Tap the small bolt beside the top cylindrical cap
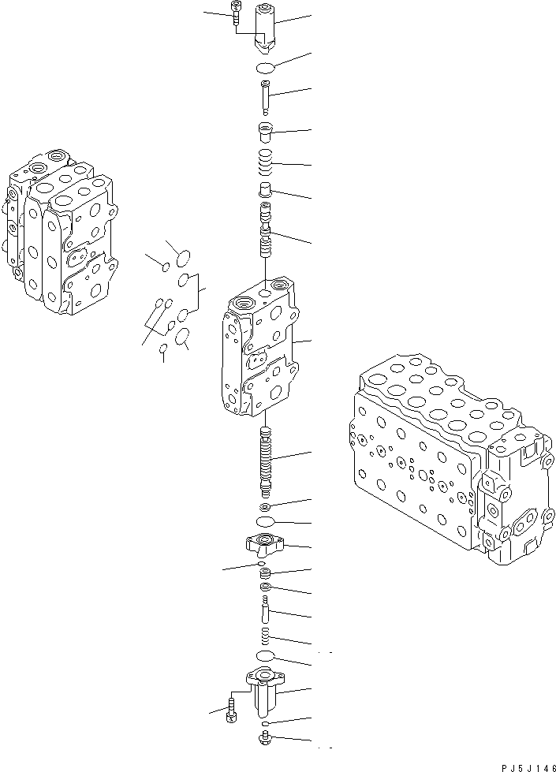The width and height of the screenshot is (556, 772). point(237,14)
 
